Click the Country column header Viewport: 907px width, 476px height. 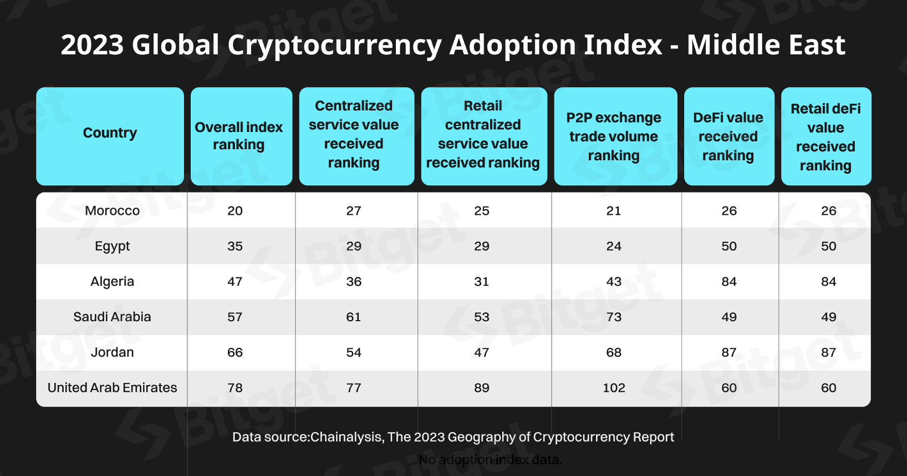click(x=110, y=133)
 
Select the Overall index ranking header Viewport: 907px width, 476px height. click(x=238, y=136)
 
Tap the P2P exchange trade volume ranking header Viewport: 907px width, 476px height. click(x=613, y=136)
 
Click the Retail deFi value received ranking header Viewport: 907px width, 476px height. click(x=826, y=137)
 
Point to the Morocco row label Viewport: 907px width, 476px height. click(x=112, y=211)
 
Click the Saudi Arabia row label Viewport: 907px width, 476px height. click(x=112, y=317)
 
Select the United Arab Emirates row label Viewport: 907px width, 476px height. click(x=112, y=388)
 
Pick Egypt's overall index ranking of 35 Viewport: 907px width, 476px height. click(x=235, y=246)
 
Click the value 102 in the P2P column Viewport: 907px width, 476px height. click(x=614, y=388)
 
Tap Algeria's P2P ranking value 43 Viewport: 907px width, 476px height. click(x=614, y=281)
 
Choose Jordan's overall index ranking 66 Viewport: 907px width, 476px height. click(x=235, y=352)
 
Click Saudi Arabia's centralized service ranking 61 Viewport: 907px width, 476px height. click(x=354, y=317)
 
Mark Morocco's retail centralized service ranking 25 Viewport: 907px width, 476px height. click(x=482, y=211)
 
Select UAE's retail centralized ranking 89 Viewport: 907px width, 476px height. click(x=482, y=388)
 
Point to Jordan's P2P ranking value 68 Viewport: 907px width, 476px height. click(x=614, y=352)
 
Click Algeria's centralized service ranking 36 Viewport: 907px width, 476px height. click(x=354, y=281)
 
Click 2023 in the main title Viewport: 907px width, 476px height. click(x=93, y=44)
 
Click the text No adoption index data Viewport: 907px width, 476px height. click(x=490, y=460)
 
